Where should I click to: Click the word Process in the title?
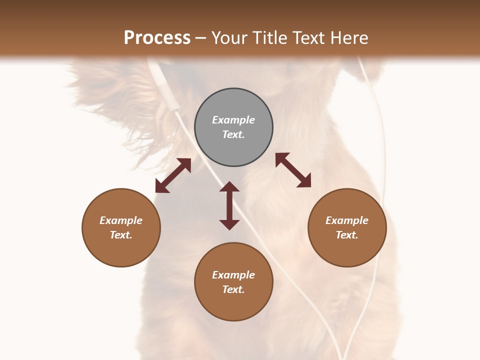click(157, 38)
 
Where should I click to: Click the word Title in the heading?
click(271, 38)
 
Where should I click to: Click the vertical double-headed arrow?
click(229, 205)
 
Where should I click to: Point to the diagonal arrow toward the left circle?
click(173, 175)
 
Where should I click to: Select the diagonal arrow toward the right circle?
click(293, 170)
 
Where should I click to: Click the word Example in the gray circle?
click(233, 120)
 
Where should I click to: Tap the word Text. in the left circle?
click(121, 235)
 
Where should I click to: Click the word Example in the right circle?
click(347, 220)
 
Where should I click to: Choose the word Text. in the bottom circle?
click(233, 289)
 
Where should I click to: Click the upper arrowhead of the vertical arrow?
click(229, 186)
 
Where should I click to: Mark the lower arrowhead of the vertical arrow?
click(229, 224)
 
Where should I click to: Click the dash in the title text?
click(201, 38)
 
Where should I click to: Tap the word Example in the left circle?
click(121, 220)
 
